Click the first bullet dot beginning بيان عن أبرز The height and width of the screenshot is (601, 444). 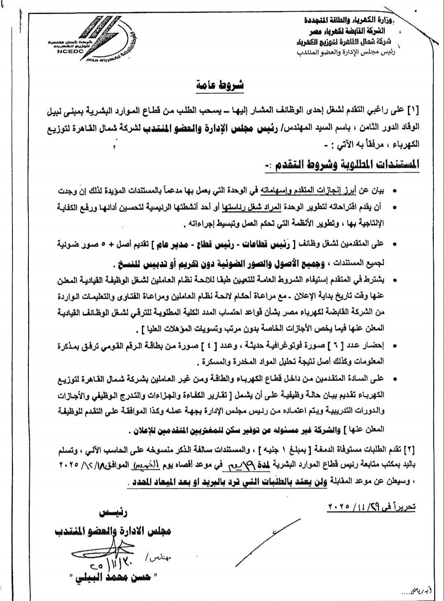pyautogui.click(x=395, y=191)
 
